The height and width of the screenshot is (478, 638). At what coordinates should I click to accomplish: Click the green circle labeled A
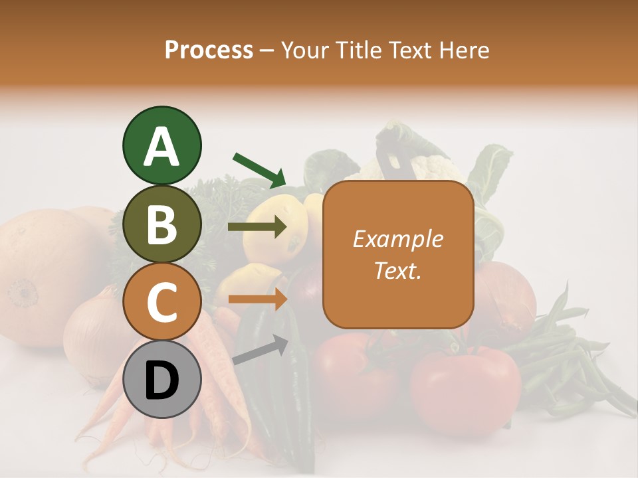point(161,146)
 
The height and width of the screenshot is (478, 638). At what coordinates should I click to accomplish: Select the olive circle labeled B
point(161,224)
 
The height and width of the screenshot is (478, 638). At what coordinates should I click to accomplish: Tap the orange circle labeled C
point(161,302)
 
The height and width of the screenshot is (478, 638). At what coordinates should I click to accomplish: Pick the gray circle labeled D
point(161,380)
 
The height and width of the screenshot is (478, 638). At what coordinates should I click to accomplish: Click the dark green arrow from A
point(259,169)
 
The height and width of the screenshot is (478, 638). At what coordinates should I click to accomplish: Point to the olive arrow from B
point(257,227)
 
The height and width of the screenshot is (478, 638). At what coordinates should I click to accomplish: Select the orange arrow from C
point(257,299)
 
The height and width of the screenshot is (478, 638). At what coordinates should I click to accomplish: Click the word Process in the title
point(209,50)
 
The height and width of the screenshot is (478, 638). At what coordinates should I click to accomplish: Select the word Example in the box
point(397,239)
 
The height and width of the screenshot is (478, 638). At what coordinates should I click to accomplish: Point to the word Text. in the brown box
point(397,270)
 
